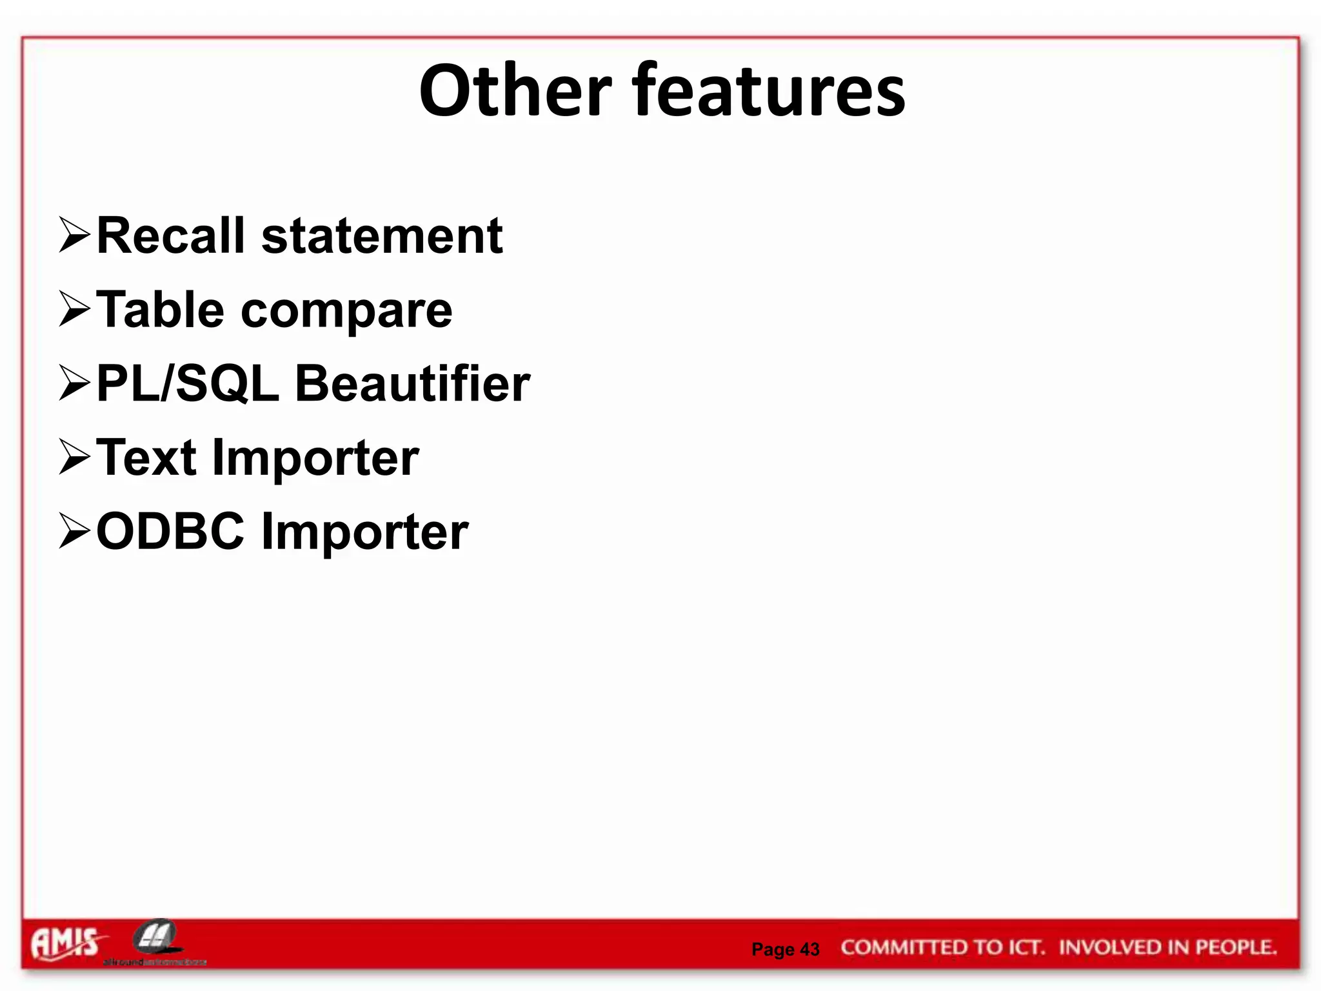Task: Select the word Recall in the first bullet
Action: click(171, 236)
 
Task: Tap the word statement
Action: click(382, 236)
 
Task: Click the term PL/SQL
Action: click(188, 384)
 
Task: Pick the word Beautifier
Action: click(412, 384)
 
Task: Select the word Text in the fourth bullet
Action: click(146, 457)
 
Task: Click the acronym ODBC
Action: click(170, 531)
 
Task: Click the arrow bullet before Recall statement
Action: click(74, 235)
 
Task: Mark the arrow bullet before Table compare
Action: click(74, 309)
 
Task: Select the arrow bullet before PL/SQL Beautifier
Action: click(74, 383)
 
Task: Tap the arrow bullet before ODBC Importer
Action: click(74, 530)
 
